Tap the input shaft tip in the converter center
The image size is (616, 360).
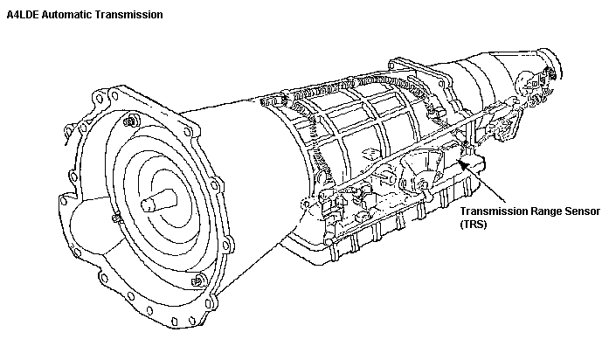146,206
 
